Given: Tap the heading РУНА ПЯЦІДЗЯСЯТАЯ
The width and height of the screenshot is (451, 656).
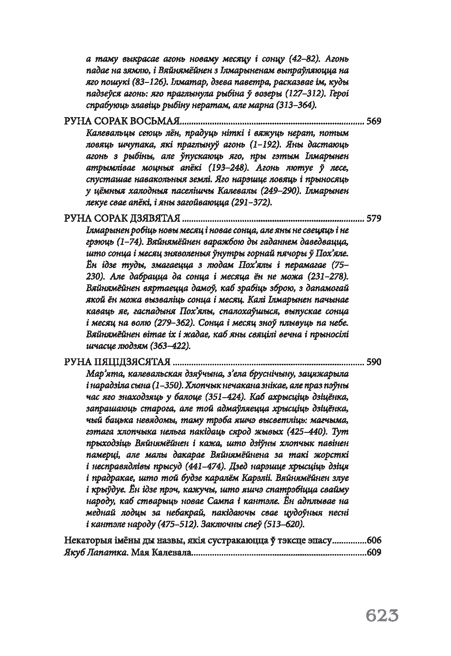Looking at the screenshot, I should [x=117, y=362].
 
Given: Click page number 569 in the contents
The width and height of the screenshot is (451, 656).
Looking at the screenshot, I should [x=373, y=122].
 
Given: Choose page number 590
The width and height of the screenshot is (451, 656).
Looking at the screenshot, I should [x=373, y=362].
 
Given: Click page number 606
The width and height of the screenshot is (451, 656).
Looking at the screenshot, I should [x=373, y=540].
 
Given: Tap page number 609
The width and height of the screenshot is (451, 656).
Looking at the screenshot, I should [x=373, y=552].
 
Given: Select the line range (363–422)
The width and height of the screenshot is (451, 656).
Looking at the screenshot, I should [x=163, y=345].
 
